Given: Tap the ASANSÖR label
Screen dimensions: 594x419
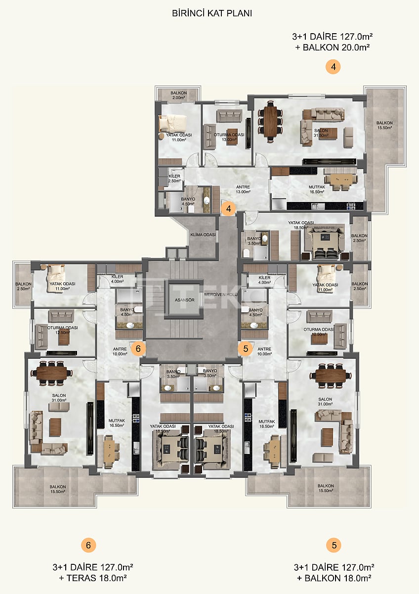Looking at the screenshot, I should (x=184, y=300).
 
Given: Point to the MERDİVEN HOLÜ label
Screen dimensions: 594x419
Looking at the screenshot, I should (x=221, y=294).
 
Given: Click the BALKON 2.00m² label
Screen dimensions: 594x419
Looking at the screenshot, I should (x=178, y=96).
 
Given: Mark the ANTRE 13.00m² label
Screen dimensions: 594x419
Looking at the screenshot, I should (x=243, y=190).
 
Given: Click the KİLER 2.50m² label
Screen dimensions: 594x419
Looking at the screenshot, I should (x=174, y=179).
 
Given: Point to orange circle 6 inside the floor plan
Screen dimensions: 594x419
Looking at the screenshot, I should (x=138, y=348).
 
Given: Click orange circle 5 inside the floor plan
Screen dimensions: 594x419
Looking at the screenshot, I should (x=245, y=348).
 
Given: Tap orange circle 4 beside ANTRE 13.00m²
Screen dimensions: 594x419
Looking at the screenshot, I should (x=228, y=209).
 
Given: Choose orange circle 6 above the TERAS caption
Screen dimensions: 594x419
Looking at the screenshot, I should (x=88, y=545).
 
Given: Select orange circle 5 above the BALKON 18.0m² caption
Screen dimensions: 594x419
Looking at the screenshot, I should (x=334, y=545).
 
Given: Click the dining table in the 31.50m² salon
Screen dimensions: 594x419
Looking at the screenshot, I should (x=271, y=121).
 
